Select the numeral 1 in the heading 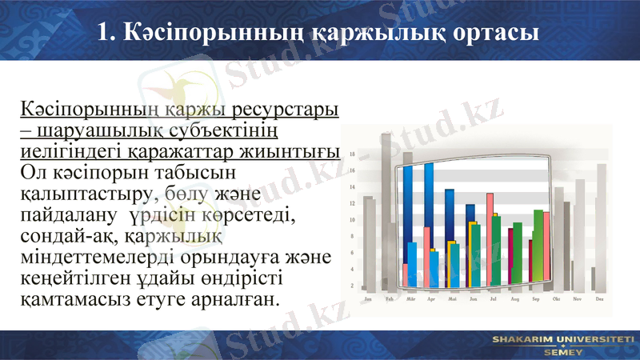pos(102,33)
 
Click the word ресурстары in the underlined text pos(279,108)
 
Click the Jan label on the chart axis pos(367,299)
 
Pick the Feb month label pos(389,299)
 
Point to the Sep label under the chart pos(535,299)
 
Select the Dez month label pos(599,299)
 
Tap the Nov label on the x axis pos(577,299)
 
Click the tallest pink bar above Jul pos(490,240)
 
